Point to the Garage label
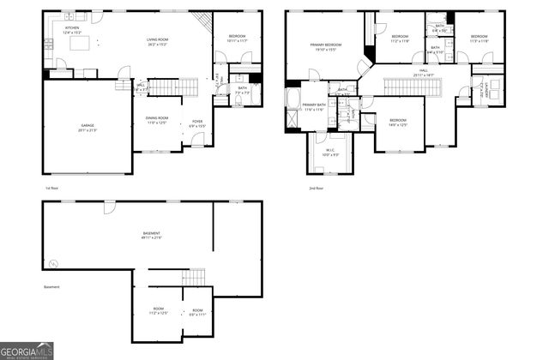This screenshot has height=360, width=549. (x=87, y=127)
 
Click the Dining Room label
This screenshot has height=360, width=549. (x=157, y=120)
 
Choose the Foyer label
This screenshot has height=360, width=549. (x=197, y=123)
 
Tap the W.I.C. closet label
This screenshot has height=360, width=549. (x=330, y=153)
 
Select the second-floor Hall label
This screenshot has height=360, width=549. (x=424, y=74)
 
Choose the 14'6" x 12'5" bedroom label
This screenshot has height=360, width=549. (x=397, y=123)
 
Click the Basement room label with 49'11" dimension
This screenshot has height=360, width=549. (x=152, y=236)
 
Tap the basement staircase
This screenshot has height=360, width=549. (x=196, y=276)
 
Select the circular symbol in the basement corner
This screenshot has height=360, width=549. (x=53, y=263)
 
